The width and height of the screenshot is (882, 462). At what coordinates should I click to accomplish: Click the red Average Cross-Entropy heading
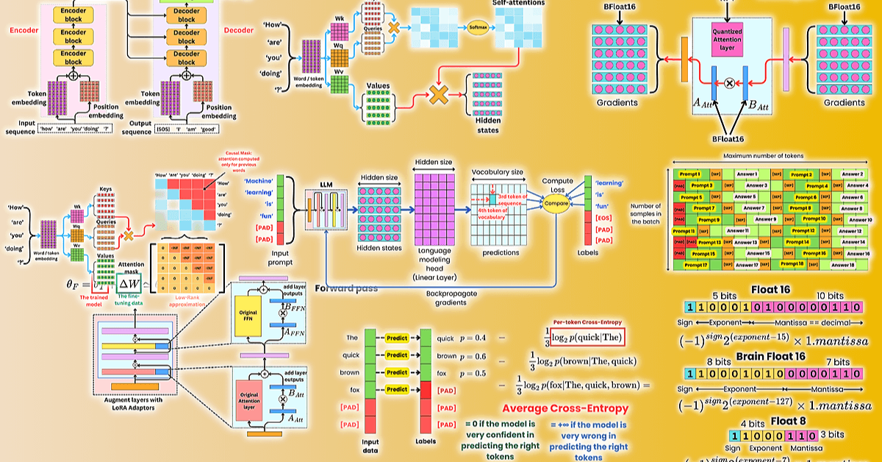[565, 408]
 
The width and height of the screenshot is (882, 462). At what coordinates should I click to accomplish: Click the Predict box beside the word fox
[396, 389]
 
